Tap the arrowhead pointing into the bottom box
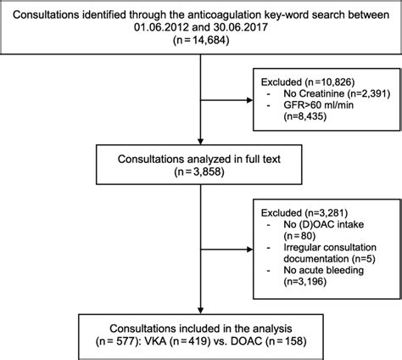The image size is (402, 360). pos(200,311)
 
